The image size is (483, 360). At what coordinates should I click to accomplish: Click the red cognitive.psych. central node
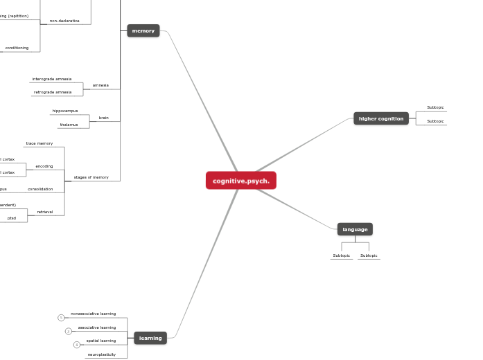[241, 181]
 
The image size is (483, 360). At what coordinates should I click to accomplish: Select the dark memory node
[143, 30]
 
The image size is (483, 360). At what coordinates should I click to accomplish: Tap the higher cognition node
[381, 118]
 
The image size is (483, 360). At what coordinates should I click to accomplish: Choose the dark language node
[355, 229]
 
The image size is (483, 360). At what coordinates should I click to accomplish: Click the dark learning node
[150, 339]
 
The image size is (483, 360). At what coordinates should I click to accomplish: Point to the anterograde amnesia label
[52, 79]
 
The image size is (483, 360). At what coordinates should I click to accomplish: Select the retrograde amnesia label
[52, 92]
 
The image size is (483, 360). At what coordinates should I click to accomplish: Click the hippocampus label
[65, 111]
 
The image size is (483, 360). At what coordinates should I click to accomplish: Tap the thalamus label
[68, 125]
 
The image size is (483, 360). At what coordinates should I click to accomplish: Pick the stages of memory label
[91, 177]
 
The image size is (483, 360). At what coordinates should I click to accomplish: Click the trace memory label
[39, 143]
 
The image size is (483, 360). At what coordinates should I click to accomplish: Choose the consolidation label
[40, 189]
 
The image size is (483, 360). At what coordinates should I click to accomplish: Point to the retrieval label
[45, 212]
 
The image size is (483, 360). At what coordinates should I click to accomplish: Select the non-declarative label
[64, 21]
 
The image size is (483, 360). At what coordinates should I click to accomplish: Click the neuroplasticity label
[102, 354]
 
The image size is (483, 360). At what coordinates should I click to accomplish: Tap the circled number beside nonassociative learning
[61, 318]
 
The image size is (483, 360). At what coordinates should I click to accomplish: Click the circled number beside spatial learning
[77, 345]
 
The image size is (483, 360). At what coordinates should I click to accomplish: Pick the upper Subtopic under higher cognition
[435, 107]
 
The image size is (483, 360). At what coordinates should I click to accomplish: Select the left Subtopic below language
[342, 255]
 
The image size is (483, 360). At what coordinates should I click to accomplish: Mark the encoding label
[44, 166]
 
